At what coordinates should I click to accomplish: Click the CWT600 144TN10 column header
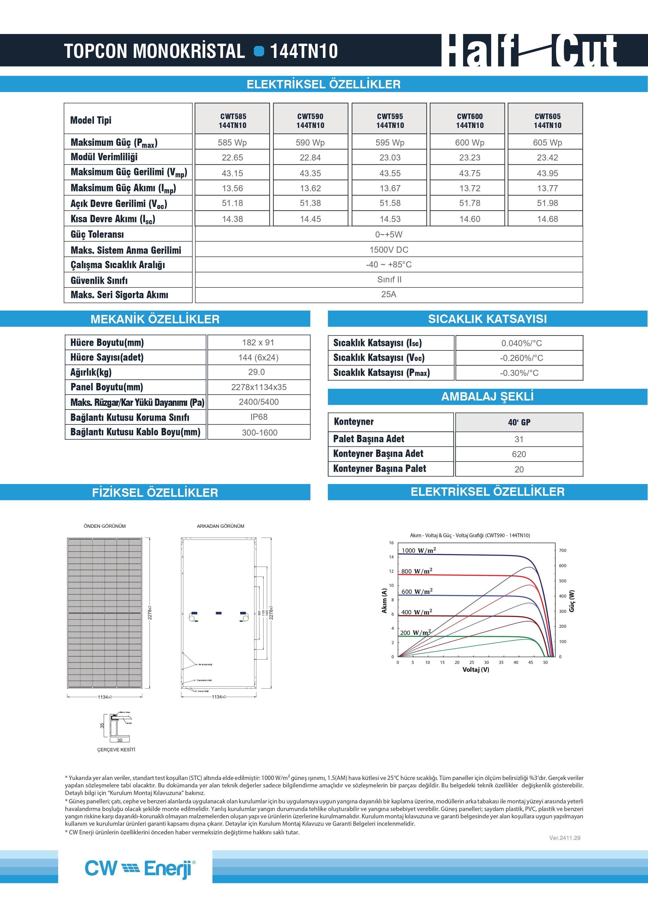[x=470, y=120]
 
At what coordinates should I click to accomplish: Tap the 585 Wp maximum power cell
[x=232, y=142]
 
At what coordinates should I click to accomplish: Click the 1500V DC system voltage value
[x=389, y=250]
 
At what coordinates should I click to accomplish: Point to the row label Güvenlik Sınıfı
[x=99, y=280]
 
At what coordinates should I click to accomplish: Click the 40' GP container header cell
[x=519, y=422]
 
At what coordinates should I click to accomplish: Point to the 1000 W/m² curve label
[x=418, y=550]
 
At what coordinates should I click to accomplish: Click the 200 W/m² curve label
[x=415, y=632]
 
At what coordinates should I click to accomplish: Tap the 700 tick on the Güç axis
[x=563, y=550]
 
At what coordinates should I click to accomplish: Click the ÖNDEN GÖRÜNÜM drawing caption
[x=105, y=526]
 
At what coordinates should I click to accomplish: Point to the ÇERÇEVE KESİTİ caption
[x=116, y=749]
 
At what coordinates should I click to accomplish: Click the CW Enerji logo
[x=140, y=868]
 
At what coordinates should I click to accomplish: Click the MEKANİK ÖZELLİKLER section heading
[x=155, y=319]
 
